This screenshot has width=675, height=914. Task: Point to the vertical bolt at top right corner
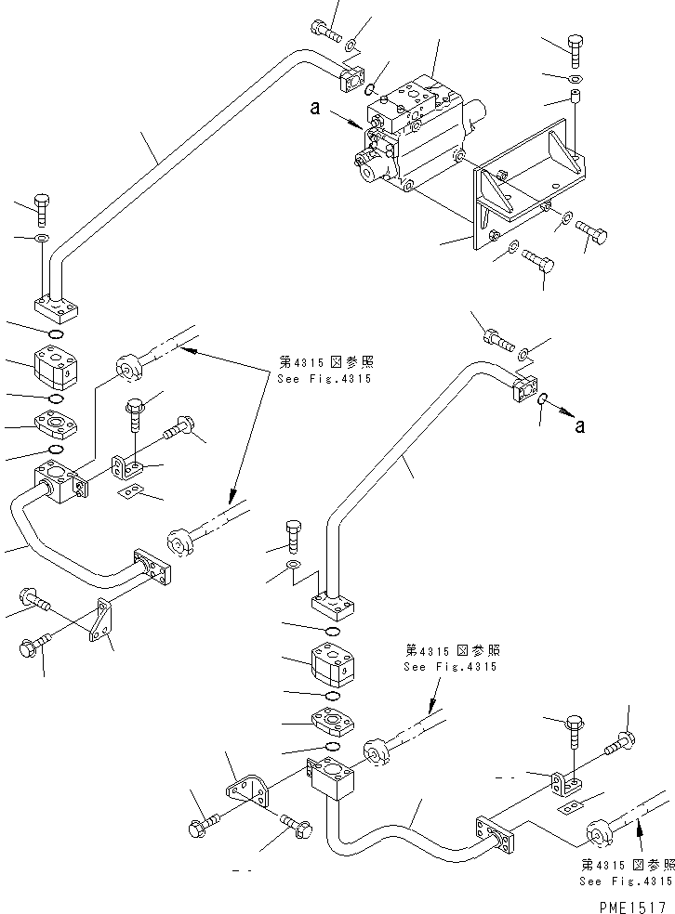pos(574,49)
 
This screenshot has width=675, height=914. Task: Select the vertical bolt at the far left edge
pos(42,209)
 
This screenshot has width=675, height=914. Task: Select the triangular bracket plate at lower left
pos(101,620)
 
